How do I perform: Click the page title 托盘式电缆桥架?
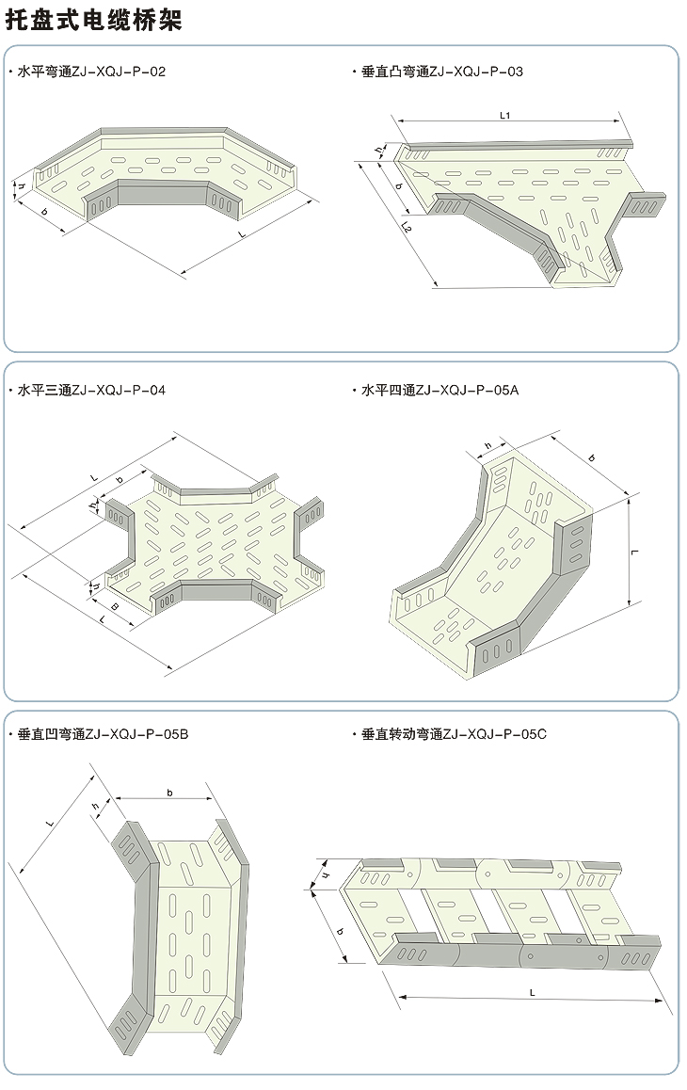(x=93, y=20)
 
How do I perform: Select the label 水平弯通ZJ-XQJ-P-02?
(x=91, y=72)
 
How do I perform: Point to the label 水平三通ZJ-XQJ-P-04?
(x=91, y=389)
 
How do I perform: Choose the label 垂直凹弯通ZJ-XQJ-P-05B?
(x=103, y=733)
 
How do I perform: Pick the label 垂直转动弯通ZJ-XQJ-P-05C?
(x=454, y=733)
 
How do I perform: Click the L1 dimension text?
(x=505, y=115)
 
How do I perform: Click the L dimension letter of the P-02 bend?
(x=244, y=232)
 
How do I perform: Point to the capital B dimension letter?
(x=115, y=607)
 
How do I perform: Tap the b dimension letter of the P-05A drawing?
(x=591, y=457)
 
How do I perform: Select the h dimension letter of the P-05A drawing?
(x=487, y=446)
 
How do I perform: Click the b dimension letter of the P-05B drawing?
(x=170, y=793)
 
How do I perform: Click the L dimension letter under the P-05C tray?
(x=532, y=992)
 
